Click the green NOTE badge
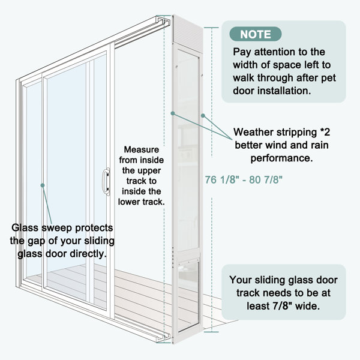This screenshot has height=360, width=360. pyautogui.click(x=256, y=34)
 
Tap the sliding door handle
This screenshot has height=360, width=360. pyautogui.click(x=106, y=182)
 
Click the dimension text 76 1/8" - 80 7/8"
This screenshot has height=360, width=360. pyautogui.click(x=244, y=179)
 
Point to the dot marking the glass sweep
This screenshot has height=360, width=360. pyautogui.click(x=43, y=185)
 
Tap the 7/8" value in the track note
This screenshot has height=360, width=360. pyautogui.click(x=282, y=306)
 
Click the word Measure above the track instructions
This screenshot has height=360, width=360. pyautogui.click(x=142, y=149)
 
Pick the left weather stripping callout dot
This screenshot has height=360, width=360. pyautogui.click(x=173, y=113)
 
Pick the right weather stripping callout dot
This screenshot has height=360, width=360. pyautogui.click(x=203, y=115)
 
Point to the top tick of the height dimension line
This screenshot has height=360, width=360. pyautogui.click(x=211, y=28)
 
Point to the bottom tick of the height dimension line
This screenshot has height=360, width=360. pyautogui.click(x=211, y=332)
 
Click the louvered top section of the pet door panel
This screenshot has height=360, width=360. pyautogui.click(x=188, y=30)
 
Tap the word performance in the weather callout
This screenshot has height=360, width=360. pyautogui.click(x=282, y=158)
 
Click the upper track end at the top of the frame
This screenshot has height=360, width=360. pyautogui.click(x=163, y=21)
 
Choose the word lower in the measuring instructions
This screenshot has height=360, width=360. pyautogui.click(x=129, y=202)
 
